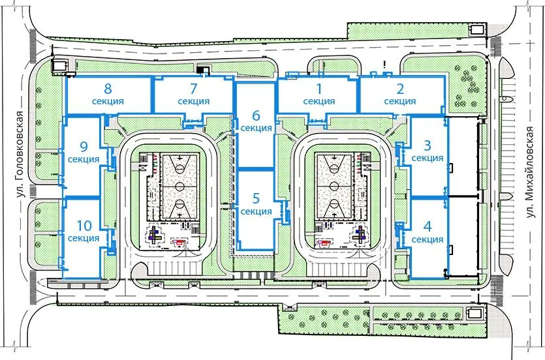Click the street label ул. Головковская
[x=21, y=155]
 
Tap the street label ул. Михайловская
[x=529, y=173]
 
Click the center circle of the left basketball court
[x=179, y=187]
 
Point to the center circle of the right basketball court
[x=334, y=185]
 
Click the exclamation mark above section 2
[x=385, y=64]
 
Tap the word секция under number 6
[x=256, y=128]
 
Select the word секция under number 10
[x=84, y=238]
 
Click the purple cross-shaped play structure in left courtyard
[x=154, y=236]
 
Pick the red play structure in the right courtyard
[x=322, y=243]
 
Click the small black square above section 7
[x=200, y=70]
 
